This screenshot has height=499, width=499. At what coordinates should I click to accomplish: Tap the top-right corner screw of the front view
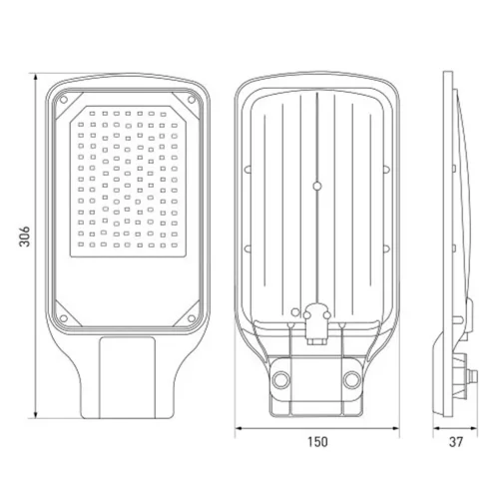coord(188,99)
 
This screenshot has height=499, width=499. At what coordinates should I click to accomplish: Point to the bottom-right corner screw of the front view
coord(188,320)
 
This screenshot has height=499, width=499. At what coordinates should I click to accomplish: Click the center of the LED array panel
coord(127,180)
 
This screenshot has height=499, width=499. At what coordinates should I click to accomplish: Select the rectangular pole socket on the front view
coord(127,375)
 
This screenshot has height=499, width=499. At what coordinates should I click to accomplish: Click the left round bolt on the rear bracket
coord(280,379)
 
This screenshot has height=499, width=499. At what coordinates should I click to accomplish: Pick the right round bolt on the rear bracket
coord(352,379)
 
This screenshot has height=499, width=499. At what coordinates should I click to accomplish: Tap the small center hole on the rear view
coord(316,184)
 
